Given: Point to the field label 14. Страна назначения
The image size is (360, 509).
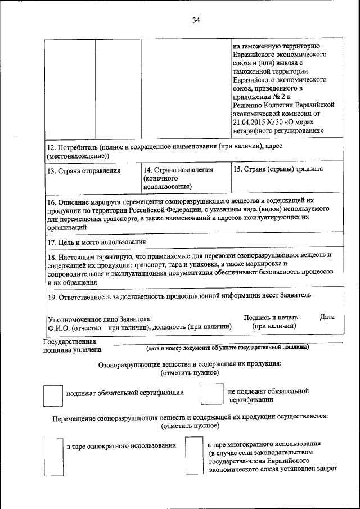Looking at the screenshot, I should pyautogui.click(x=178, y=169).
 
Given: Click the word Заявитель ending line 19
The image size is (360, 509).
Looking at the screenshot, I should pyautogui.click(x=292, y=294).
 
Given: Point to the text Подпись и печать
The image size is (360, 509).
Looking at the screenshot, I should pyautogui.click(x=271, y=317).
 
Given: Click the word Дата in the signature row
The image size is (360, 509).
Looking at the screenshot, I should pyautogui.click(x=327, y=317).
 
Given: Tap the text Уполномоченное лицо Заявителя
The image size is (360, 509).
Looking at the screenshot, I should pyautogui.click(x=100, y=318).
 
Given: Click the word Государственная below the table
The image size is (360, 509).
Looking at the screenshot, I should pyautogui.click(x=69, y=341).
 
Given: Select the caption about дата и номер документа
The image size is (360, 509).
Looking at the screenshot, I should pyautogui.click(x=228, y=348).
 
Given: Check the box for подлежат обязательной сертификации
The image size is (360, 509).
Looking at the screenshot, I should pyautogui.click(x=53, y=395).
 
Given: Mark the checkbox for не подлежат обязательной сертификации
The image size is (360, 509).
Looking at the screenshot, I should pyautogui.click(x=213, y=394).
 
